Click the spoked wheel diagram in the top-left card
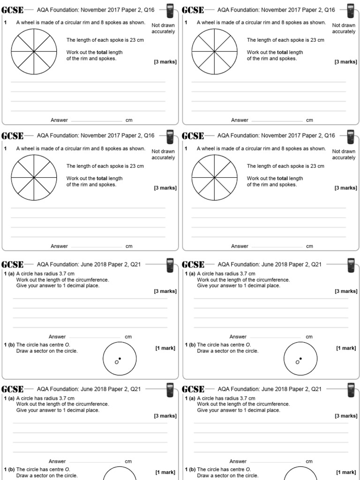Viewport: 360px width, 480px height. pos(34,52)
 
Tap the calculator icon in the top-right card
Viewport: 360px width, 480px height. pos(350,10)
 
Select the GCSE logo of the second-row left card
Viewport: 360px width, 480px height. pos(13,136)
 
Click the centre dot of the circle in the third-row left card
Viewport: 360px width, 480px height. pos(120,359)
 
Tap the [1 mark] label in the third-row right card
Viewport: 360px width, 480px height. pos(345,348)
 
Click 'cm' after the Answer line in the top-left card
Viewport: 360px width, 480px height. pos(129,120)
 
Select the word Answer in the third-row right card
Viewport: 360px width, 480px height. pos(238,337)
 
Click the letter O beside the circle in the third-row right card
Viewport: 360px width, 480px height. pos(297,362)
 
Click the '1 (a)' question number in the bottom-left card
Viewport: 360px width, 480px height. pos(9,398)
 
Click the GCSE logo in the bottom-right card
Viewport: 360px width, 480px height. pos(193,389)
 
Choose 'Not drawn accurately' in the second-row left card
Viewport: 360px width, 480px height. pos(163,155)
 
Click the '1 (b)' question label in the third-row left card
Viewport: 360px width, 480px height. pos(9,345)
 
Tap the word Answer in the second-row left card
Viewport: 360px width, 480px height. pos(59,246)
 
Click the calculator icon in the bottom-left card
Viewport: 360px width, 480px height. pos(170,389)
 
